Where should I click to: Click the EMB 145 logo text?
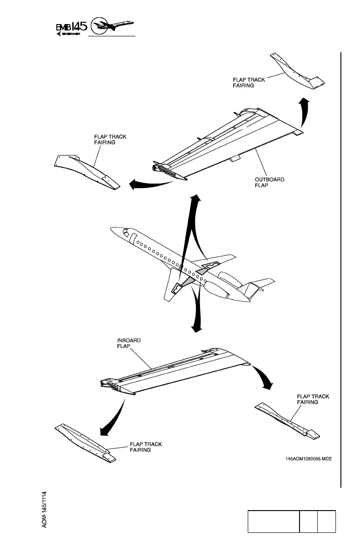click(x=71, y=29)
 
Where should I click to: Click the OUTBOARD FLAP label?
click(x=269, y=182)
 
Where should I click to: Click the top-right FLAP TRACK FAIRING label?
click(x=249, y=83)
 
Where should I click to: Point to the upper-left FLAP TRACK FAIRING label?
click(x=110, y=139)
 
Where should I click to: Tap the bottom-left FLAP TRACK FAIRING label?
click(x=146, y=447)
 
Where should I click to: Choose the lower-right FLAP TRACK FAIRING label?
click(x=313, y=399)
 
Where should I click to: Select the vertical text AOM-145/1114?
click(x=46, y=509)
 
